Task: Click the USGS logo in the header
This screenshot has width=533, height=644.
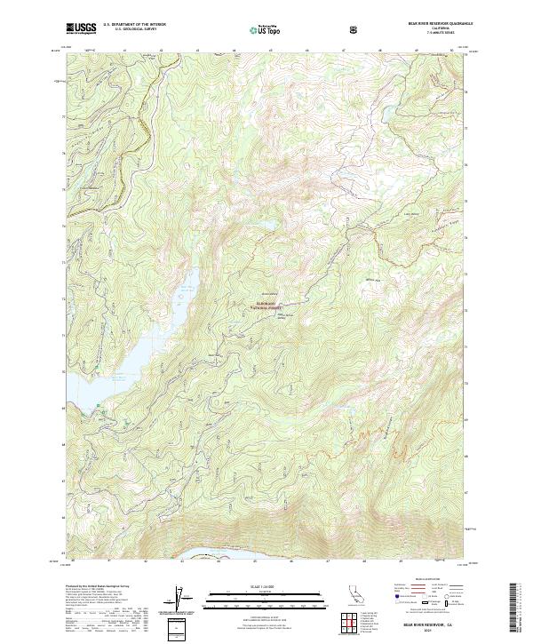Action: pyautogui.click(x=80, y=28)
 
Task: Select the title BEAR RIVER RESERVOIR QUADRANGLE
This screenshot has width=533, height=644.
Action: pyautogui.click(x=428, y=24)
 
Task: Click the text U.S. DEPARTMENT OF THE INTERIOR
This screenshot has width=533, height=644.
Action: pyautogui.click(x=134, y=25)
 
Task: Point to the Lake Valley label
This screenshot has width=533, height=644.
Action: pyautogui.click(x=410, y=213)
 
